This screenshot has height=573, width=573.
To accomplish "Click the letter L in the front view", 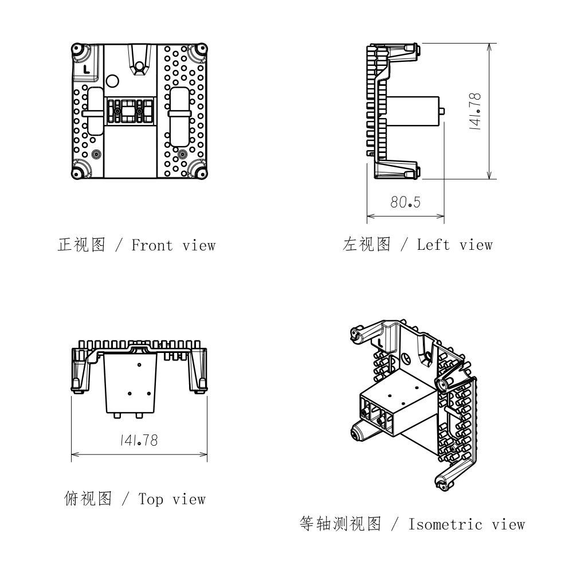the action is pos(87,69).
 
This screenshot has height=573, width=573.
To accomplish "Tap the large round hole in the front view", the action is pos(112,81).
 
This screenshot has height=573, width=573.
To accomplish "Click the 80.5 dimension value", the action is pos(405,202).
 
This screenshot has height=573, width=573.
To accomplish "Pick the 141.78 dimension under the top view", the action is pos(139,440).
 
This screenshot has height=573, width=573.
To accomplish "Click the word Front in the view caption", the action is pos(152,245).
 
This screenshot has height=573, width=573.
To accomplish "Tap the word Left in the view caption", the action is pos(433,245).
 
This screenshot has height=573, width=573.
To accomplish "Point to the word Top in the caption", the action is pos(151,500).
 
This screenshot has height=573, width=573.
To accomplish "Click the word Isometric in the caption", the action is pos(445,525).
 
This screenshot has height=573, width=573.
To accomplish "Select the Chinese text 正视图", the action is pos(81,245).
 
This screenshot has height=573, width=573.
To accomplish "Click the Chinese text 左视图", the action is pos(367,245).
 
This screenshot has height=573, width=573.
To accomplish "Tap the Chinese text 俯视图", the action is pos(88,499).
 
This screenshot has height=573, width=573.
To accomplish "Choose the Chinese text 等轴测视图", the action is pos(340,524).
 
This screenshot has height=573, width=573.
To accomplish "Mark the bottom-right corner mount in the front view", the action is pos(201,173).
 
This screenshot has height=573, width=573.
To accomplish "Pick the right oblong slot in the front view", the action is pos(179,116).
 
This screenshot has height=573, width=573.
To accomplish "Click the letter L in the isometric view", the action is pos(380,343).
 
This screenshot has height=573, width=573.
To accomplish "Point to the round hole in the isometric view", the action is pos(405,358).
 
